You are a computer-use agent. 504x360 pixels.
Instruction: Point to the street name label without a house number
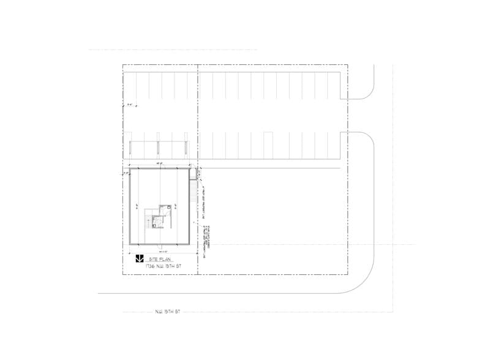(167, 312)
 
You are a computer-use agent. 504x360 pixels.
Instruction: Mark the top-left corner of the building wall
(129, 170)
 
